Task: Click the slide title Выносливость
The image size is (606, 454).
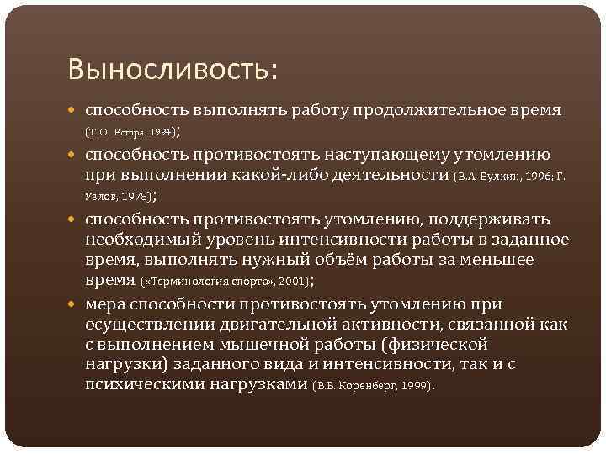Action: point(173,68)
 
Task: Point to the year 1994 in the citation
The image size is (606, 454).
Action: point(159,133)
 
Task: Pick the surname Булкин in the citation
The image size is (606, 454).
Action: point(501,177)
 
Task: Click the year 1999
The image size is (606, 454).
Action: point(414,386)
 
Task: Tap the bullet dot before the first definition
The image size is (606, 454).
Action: point(76,113)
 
